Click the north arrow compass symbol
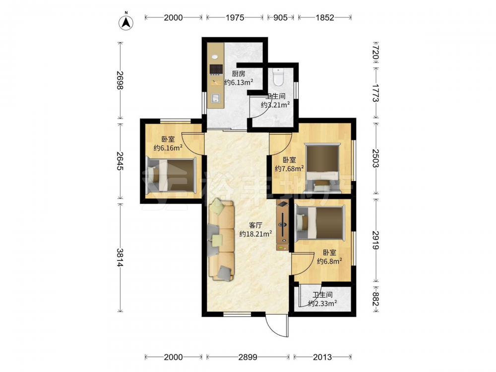pyautogui.click(x=126, y=23)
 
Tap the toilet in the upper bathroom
pyautogui.click(x=278, y=77)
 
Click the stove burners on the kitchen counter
pyautogui.click(x=216, y=69)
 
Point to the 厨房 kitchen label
pyautogui.click(x=239, y=74)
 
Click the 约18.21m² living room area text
pyautogui.click(x=255, y=234)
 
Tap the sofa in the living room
pyautogui.click(x=221, y=241)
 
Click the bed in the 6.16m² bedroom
pyautogui.click(x=171, y=176)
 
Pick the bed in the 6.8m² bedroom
pyautogui.click(x=319, y=223)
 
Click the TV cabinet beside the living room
pyautogui.click(x=283, y=226)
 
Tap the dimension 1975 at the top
pyautogui.click(x=235, y=18)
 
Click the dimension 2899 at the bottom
pyautogui.click(x=248, y=357)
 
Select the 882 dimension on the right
pyautogui.click(x=375, y=299)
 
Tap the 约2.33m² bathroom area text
pyautogui.click(x=322, y=304)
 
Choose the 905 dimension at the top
pyautogui.click(x=280, y=18)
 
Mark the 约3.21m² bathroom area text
pyautogui.click(x=275, y=105)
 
